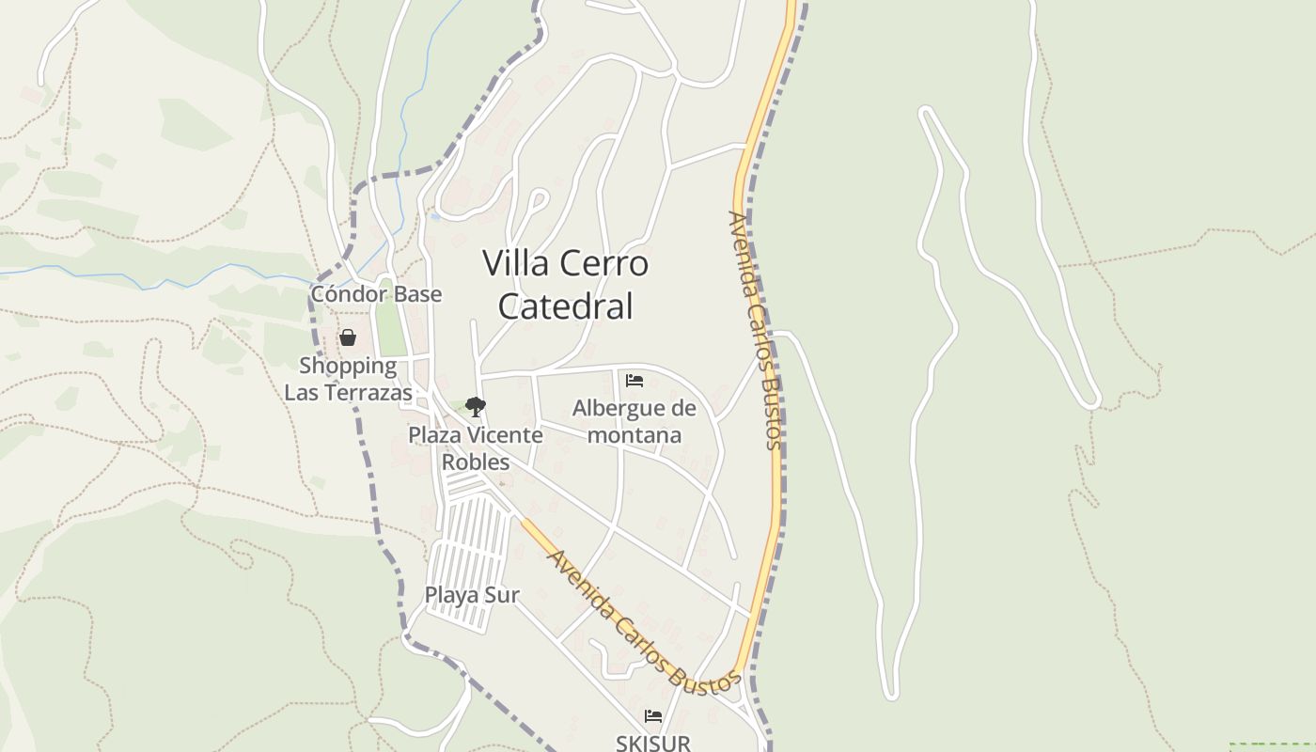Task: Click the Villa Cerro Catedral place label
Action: tap(565, 285)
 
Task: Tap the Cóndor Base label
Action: tap(376, 294)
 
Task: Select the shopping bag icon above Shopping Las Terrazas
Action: tap(348, 337)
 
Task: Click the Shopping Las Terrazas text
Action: tap(348, 379)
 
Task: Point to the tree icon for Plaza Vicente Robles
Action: tap(476, 407)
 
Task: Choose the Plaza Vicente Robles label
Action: tap(476, 448)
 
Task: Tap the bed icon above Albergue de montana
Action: tap(634, 381)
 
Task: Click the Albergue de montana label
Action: tap(634, 421)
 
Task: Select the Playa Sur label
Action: tap(472, 595)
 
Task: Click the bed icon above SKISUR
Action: tap(653, 717)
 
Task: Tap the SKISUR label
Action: tap(653, 743)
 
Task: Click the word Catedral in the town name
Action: tap(565, 306)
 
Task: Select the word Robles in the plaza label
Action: tap(476, 462)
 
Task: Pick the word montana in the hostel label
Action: tap(634, 435)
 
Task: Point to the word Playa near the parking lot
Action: tap(449, 595)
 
